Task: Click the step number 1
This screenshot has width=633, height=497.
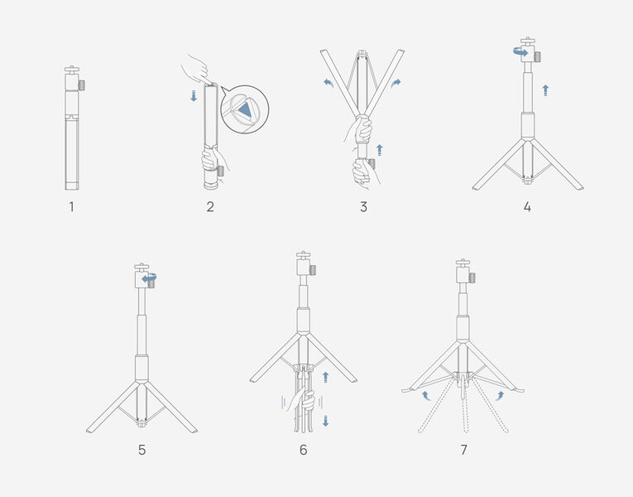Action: (x=71, y=207)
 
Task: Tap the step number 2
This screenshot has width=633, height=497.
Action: (x=210, y=207)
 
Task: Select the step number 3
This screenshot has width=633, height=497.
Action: (x=363, y=207)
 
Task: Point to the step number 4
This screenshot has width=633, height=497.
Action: (x=527, y=207)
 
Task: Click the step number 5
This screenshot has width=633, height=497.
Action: (x=142, y=450)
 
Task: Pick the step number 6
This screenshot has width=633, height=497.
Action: (x=303, y=450)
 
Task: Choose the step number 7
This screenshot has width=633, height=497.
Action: (x=464, y=450)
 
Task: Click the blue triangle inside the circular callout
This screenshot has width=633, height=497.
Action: (x=245, y=110)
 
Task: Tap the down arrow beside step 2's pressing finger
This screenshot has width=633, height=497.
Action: (x=194, y=96)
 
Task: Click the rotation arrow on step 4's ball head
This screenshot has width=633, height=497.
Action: (x=520, y=51)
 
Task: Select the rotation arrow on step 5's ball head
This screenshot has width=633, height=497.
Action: (x=149, y=277)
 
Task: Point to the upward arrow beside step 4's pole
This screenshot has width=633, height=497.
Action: (x=545, y=90)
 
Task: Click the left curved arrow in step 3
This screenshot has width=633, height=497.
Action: (x=328, y=83)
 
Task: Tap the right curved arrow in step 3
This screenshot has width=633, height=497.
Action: (x=396, y=84)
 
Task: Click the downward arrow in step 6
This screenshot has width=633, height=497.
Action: (x=326, y=421)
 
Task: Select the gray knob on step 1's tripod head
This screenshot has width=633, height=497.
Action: (x=82, y=85)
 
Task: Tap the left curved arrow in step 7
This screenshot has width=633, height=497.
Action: (x=425, y=396)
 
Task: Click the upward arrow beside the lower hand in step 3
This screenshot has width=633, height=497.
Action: (x=379, y=150)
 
